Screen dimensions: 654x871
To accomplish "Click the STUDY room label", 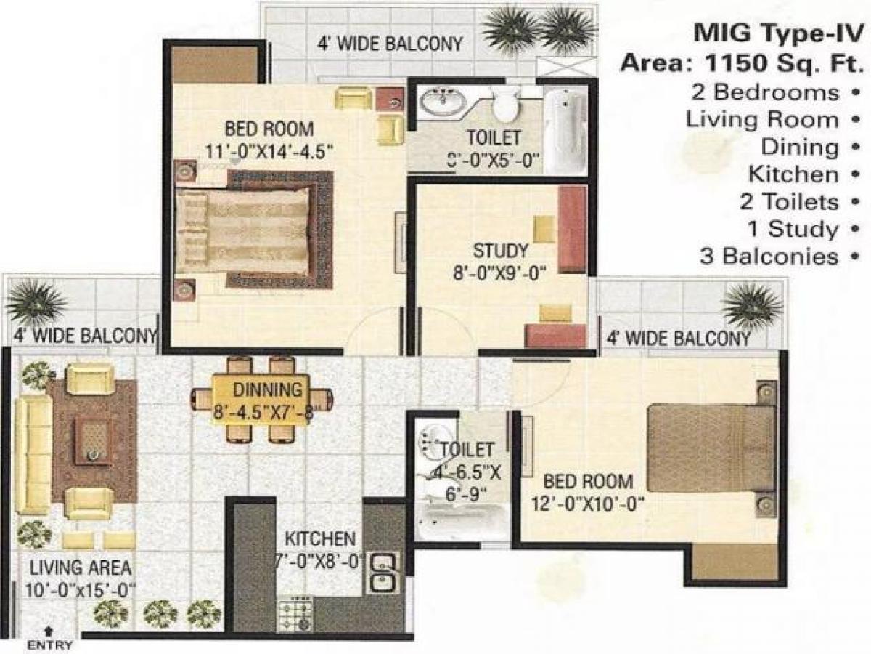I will [x=500, y=252].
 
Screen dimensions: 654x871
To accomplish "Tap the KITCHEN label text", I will [x=319, y=539].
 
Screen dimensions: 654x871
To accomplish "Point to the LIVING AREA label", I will [x=81, y=567].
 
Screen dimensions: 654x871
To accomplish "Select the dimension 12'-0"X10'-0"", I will [x=589, y=503].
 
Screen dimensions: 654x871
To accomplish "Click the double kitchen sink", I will [x=383, y=572].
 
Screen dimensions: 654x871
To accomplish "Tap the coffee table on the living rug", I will [x=92, y=441].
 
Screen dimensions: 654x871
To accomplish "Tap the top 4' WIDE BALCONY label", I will [x=390, y=44].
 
